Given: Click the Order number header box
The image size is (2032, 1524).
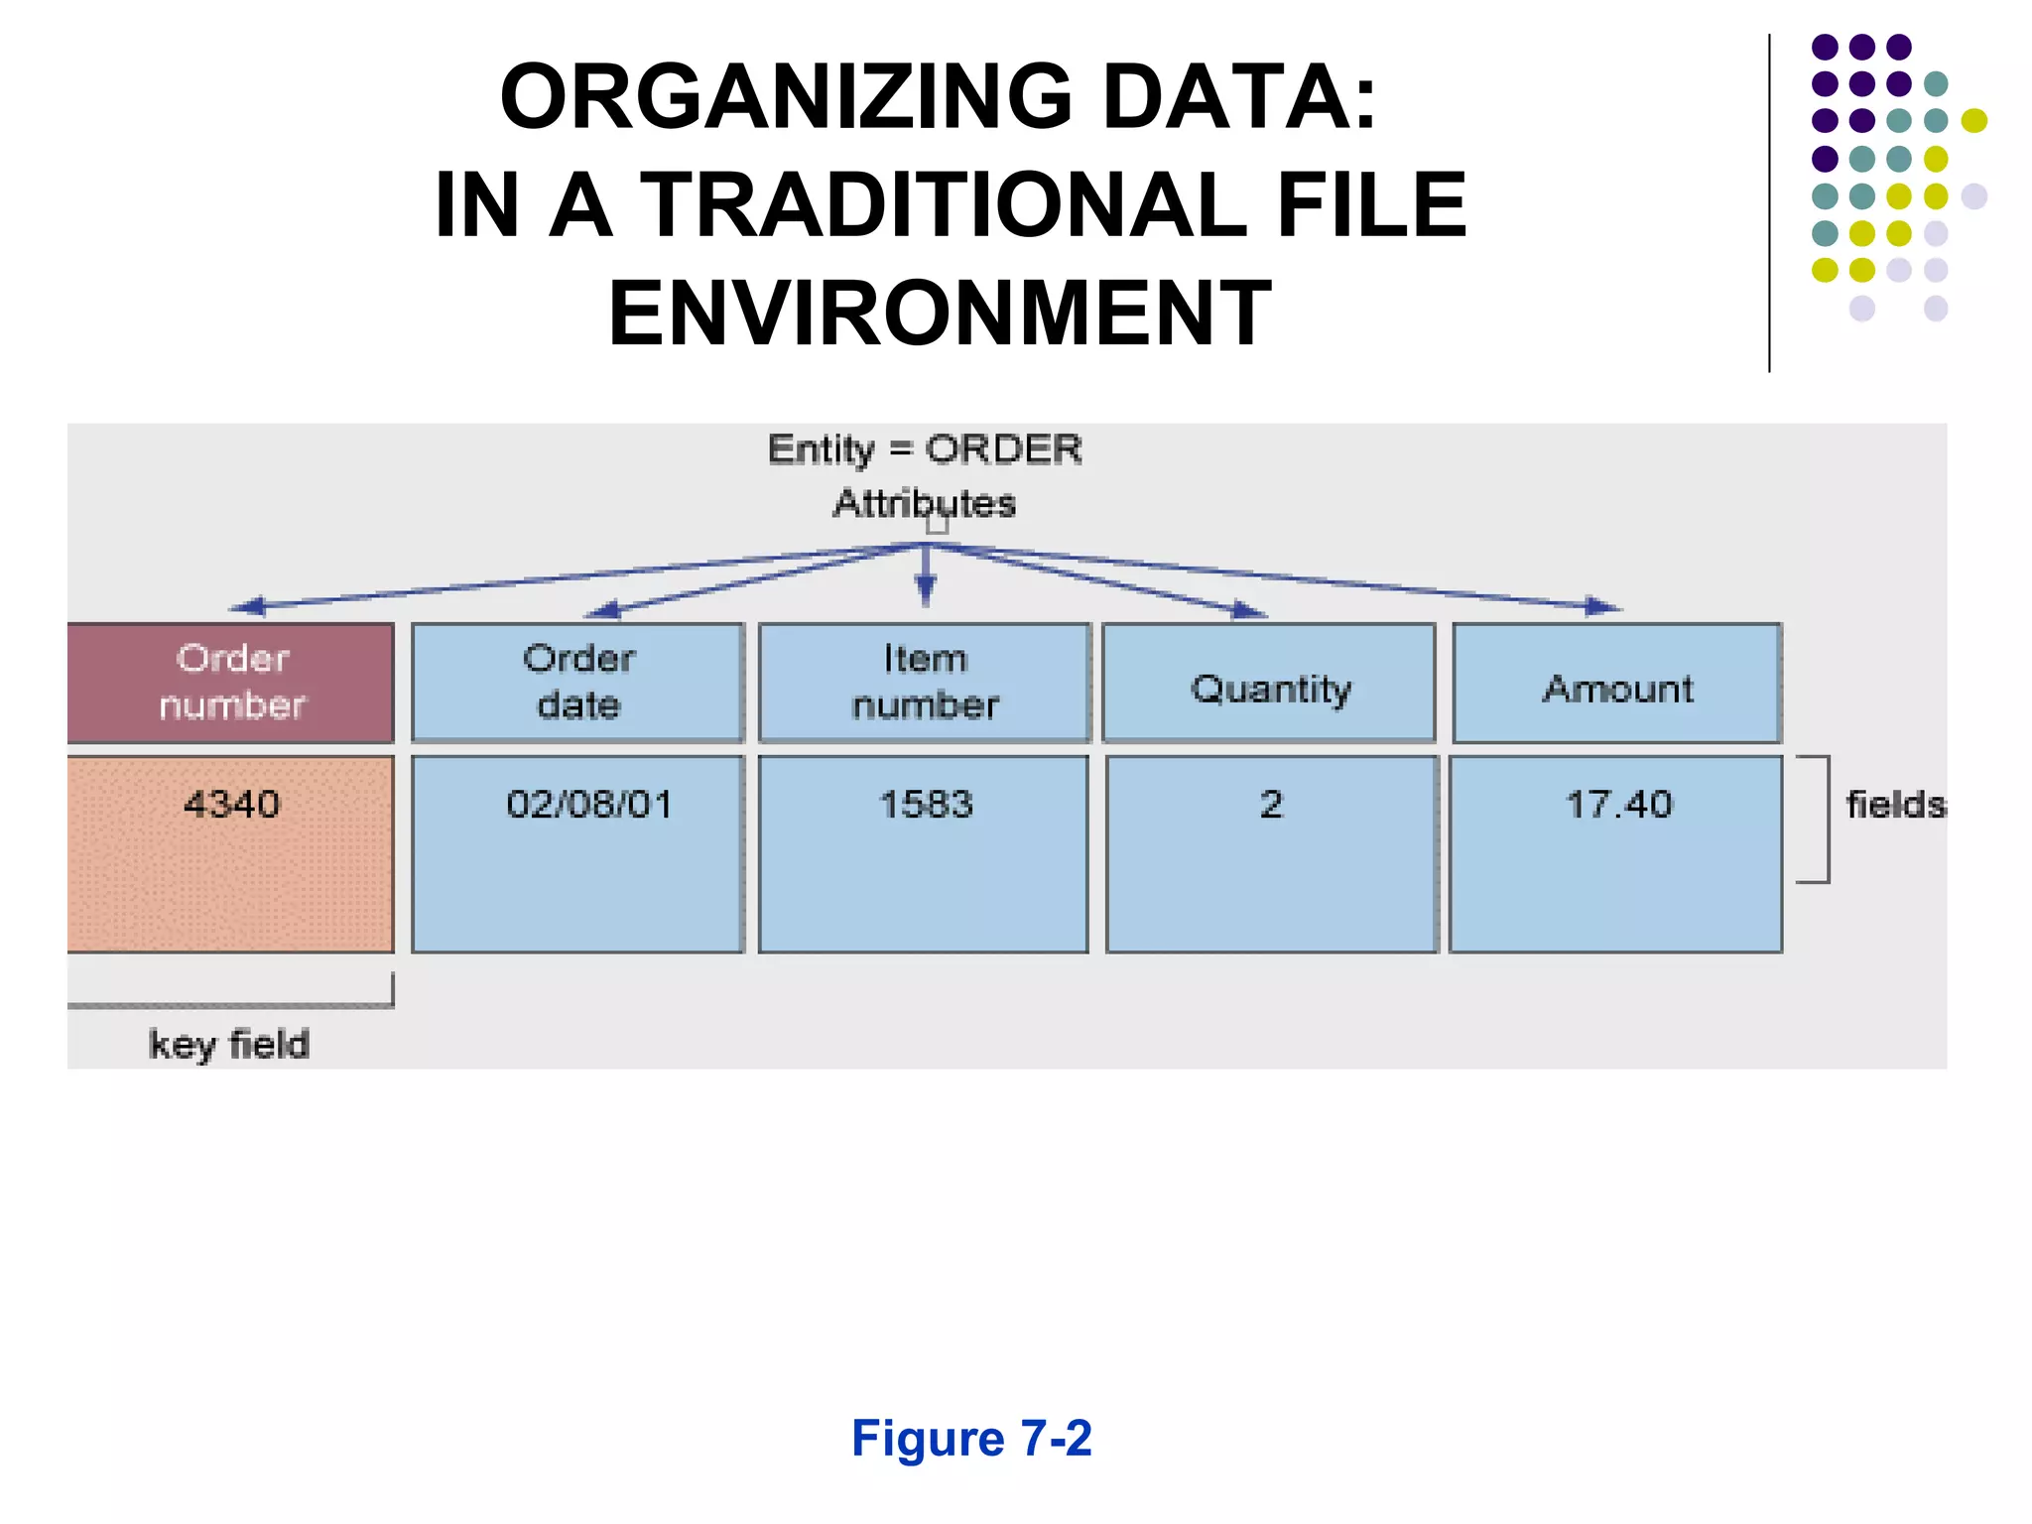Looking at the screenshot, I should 230,683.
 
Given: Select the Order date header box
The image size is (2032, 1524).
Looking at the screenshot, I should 577,683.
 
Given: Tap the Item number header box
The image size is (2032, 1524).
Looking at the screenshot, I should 925,683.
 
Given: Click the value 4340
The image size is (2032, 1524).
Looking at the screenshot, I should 231,804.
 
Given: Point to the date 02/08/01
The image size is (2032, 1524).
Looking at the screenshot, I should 589,804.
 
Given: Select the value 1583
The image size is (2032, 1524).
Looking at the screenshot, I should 926,804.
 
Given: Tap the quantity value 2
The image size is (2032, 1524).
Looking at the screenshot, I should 1271,804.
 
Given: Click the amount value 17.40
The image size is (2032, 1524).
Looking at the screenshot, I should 1618,804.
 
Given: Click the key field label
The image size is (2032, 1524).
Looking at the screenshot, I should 229,1045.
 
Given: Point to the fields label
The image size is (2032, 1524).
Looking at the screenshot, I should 1894,805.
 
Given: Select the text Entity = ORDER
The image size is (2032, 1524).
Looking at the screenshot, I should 925,449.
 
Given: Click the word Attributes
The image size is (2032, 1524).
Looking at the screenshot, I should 925,503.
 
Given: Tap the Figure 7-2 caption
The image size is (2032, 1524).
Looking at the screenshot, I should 971,1438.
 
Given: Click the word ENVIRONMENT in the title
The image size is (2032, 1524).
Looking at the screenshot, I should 940,314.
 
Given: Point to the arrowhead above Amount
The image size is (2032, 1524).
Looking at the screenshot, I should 1601,605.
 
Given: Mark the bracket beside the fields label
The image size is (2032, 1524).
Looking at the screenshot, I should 1820,819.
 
